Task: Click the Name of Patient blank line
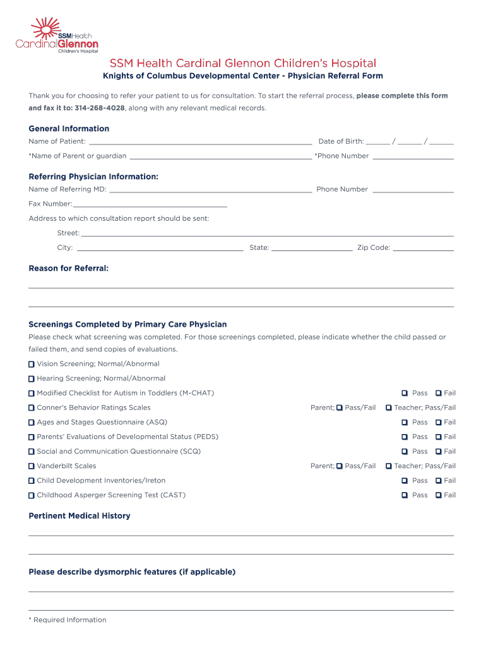point(200,143)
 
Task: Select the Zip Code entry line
point(423,249)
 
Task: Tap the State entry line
point(312,249)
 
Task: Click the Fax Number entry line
point(150,205)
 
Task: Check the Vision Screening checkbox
point(32,364)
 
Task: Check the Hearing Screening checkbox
point(32,379)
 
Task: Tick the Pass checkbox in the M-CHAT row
point(405,393)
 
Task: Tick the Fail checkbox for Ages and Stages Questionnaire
point(439,422)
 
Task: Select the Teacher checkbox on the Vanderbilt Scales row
point(389,466)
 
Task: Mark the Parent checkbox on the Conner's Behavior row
point(340,408)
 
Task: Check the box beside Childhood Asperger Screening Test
point(32,495)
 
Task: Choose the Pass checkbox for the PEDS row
point(405,437)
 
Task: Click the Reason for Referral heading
point(68,269)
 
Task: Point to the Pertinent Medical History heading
point(80,516)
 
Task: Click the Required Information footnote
point(68,620)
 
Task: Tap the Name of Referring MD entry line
point(210,191)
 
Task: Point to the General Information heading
point(69,129)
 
